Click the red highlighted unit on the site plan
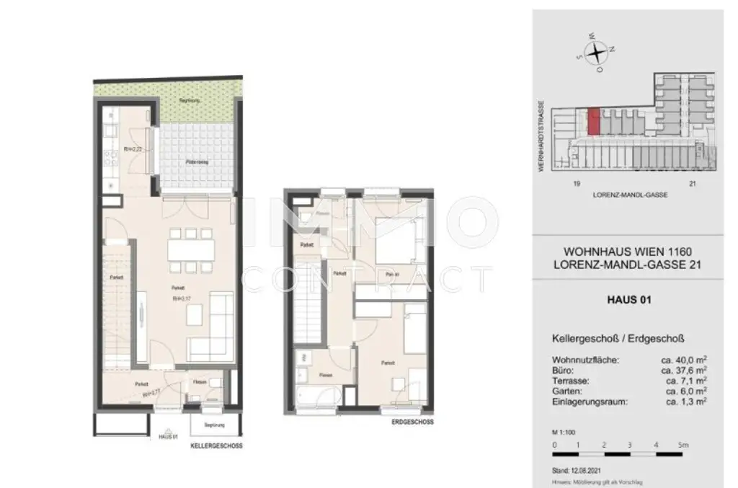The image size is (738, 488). pos(594,122)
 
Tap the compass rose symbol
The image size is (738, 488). pos(596,52)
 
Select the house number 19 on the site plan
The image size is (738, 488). pos(577,183)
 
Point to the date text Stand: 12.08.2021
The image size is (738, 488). pos(576,469)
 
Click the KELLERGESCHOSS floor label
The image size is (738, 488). pos(216,446)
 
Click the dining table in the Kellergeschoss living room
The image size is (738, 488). pos(191,250)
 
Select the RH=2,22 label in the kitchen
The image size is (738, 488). pos(131,149)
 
